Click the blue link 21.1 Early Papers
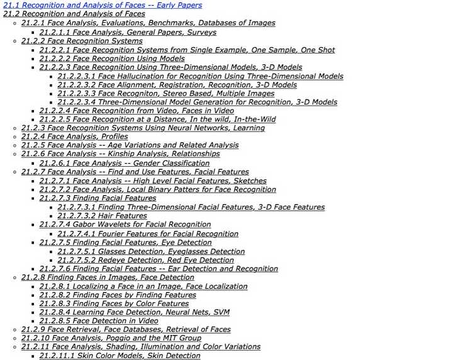[x=102, y=5]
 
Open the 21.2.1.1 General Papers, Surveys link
[x=128, y=32]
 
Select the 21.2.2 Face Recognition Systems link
[x=82, y=41]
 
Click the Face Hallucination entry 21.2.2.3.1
[x=200, y=76]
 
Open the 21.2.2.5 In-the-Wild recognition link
[x=157, y=119]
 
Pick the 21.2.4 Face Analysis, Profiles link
[x=74, y=136]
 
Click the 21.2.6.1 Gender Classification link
[x=125, y=163]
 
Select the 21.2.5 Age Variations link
[x=130, y=145]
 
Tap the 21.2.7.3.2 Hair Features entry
[x=102, y=216]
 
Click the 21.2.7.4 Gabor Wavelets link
[x=125, y=224]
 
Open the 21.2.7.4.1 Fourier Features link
[x=148, y=233]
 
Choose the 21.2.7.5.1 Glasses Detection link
[x=151, y=251]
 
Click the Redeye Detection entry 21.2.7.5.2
[x=145, y=260]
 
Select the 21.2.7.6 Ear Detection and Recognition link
[x=158, y=269]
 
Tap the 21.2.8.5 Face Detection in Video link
[x=99, y=320]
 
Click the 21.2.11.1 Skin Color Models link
[x=120, y=356]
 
